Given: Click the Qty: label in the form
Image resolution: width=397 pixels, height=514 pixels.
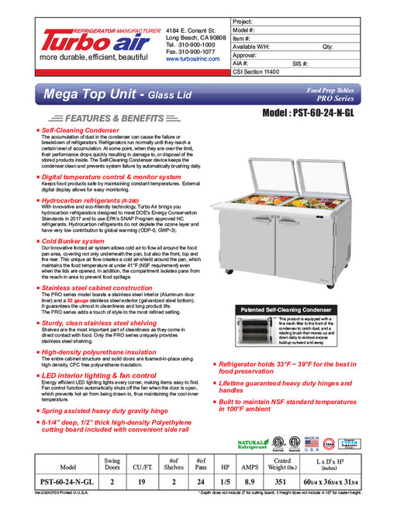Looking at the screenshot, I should (327, 47).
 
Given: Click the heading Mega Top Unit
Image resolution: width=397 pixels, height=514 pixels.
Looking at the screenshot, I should (102, 97).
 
